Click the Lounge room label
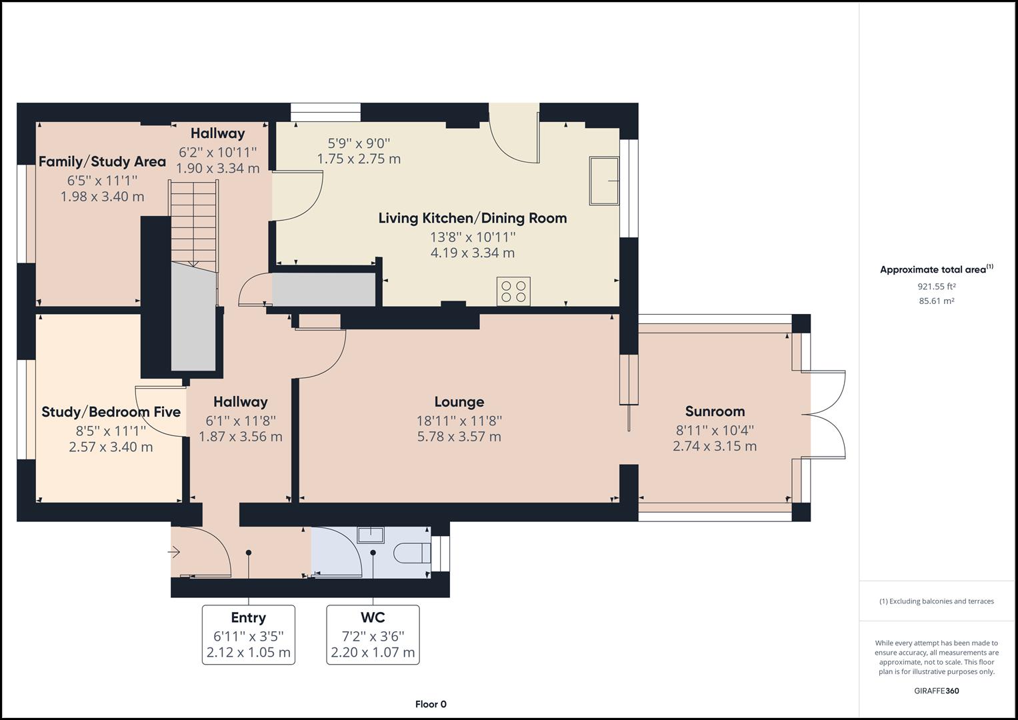459,402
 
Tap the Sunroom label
715,411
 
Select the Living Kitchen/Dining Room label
473,218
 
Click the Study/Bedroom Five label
111,412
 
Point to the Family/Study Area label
102,162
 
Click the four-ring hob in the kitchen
513,291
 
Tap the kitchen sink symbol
605,181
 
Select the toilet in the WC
412,553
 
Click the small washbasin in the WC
371,535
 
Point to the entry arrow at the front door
174,552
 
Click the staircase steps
193,223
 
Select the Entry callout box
249,635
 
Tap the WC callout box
373,635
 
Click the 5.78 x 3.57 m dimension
459,437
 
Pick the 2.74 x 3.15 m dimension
715,447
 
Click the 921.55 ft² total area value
937,287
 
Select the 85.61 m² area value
937,301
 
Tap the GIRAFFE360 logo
937,691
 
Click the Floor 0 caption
431,704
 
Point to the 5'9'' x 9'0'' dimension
359,143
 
